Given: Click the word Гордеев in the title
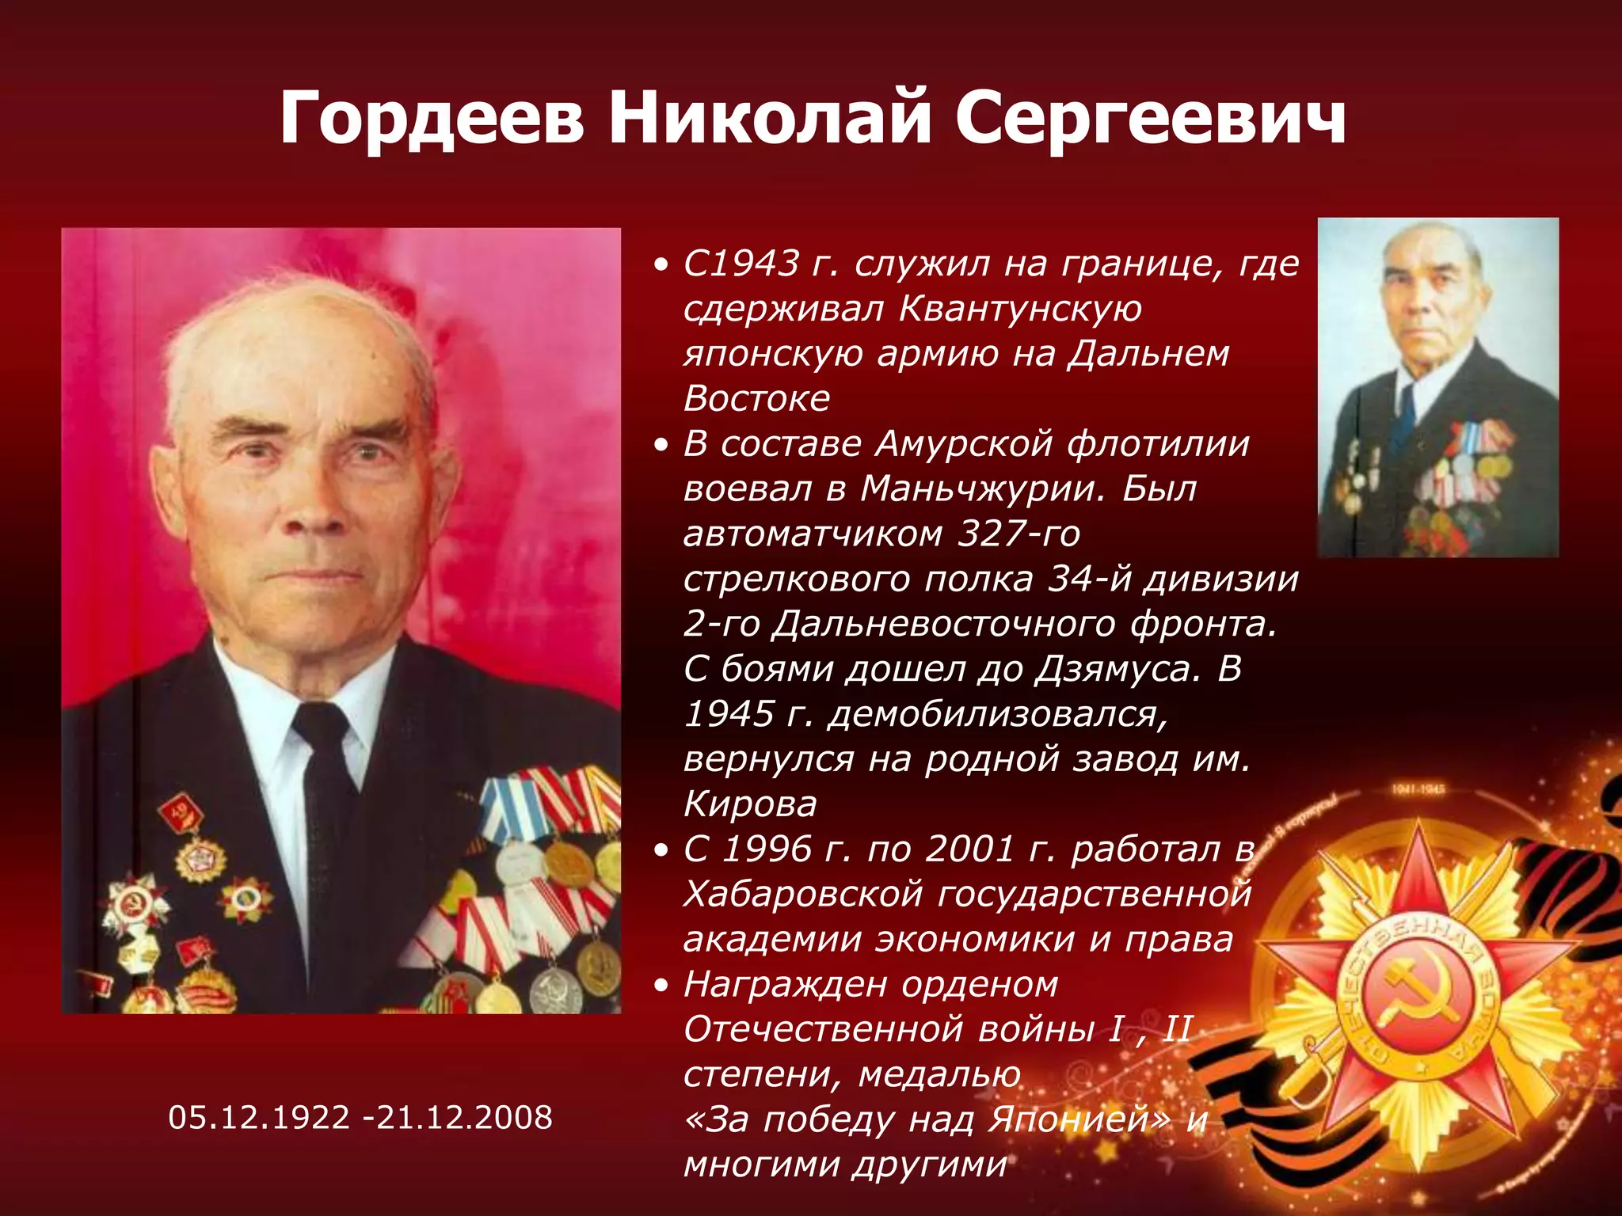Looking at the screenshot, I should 432,119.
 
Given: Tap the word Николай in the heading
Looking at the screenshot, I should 769,119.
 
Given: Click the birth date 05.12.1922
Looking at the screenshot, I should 259,1117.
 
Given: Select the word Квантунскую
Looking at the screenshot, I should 1021,309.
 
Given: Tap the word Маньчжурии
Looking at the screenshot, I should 982,488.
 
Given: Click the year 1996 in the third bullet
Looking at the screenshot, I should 767,849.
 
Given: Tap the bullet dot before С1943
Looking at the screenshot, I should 662,265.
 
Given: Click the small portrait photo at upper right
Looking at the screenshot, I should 1437,387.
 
